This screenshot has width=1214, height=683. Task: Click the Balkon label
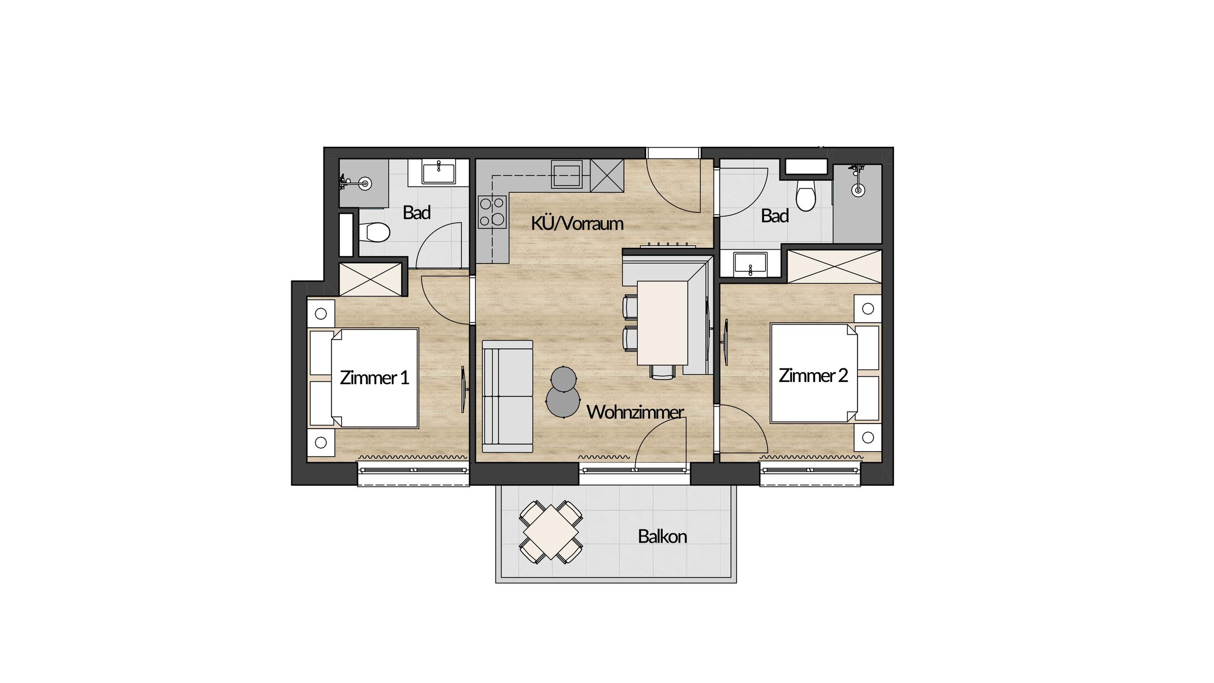[662, 537]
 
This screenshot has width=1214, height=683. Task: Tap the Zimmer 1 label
[374, 378]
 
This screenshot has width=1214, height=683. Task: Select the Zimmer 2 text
[813, 375]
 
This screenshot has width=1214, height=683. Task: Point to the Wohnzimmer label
[635, 412]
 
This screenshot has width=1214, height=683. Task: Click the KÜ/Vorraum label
[577, 224]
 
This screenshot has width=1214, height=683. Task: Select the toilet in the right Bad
[806, 195]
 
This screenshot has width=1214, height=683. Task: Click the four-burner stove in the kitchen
[492, 212]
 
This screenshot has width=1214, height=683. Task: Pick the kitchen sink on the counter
[567, 174]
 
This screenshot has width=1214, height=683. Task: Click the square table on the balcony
[551, 532]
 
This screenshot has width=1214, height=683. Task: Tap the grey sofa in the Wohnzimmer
[508, 396]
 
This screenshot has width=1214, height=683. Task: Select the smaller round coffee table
[563, 379]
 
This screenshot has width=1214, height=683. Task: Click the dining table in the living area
[662, 323]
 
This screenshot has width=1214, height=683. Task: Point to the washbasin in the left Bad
[439, 172]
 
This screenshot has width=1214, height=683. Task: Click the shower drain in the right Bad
[858, 190]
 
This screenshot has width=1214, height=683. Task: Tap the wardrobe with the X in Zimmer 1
[370, 279]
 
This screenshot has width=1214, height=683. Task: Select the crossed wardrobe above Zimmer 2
[834, 267]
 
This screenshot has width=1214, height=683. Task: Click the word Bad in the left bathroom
[417, 213]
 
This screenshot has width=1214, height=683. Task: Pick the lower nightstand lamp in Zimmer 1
[321, 442]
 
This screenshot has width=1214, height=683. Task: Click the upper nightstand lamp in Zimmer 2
[868, 309]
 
